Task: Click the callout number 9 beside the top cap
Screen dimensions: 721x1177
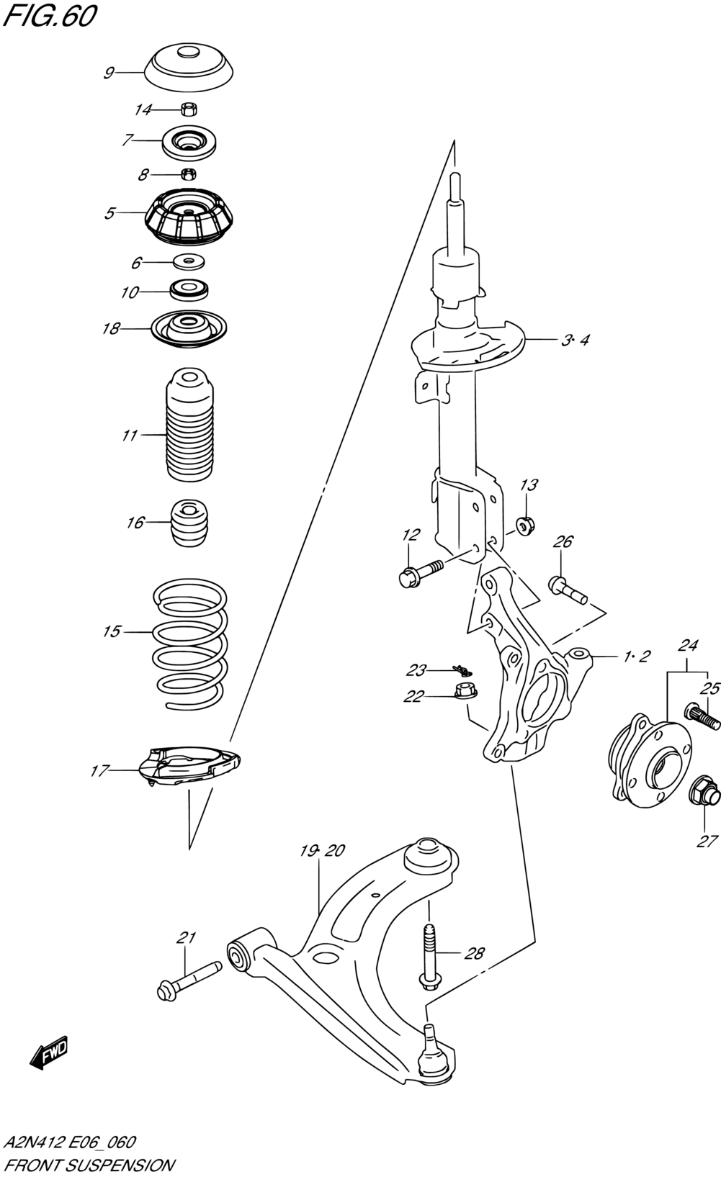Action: pyautogui.click(x=109, y=73)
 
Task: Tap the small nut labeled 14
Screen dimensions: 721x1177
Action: pyautogui.click(x=189, y=109)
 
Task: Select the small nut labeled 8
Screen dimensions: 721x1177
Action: pyautogui.click(x=189, y=173)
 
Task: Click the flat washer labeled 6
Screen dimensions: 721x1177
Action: pyautogui.click(x=188, y=261)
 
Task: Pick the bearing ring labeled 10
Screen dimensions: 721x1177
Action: pyautogui.click(x=189, y=290)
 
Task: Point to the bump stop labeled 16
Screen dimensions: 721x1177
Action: pyautogui.click(x=189, y=523)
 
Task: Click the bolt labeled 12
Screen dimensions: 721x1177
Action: pyautogui.click(x=421, y=573)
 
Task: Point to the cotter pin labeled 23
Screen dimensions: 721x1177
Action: pyautogui.click(x=462, y=670)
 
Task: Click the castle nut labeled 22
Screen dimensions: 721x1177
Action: pyautogui.click(x=465, y=690)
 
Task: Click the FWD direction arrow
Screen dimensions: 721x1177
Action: pyautogui.click(x=49, y=1052)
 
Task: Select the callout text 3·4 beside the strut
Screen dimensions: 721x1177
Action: pyautogui.click(x=575, y=341)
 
